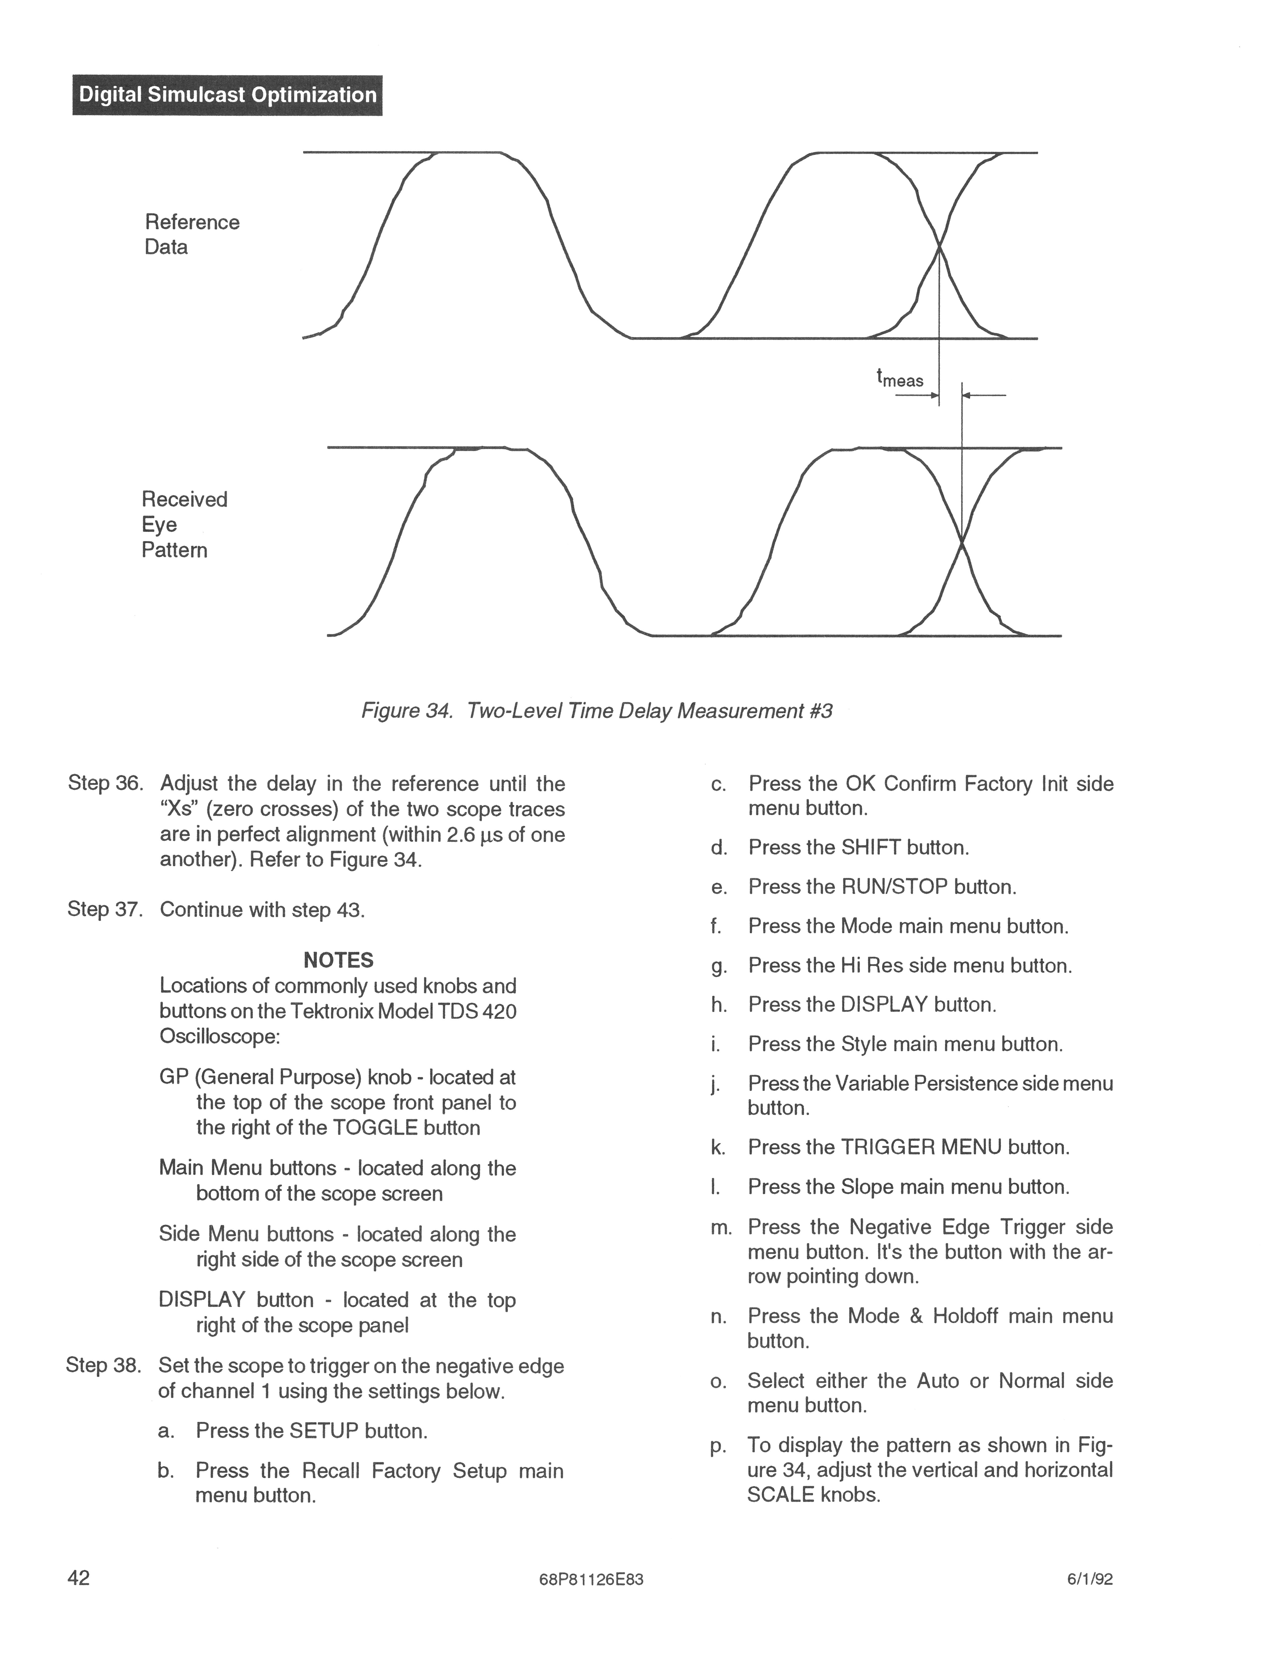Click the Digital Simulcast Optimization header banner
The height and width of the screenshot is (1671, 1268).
point(227,95)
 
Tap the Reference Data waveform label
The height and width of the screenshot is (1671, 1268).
point(192,234)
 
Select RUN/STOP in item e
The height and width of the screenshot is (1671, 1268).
point(895,887)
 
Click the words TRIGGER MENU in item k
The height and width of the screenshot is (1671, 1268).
point(921,1148)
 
